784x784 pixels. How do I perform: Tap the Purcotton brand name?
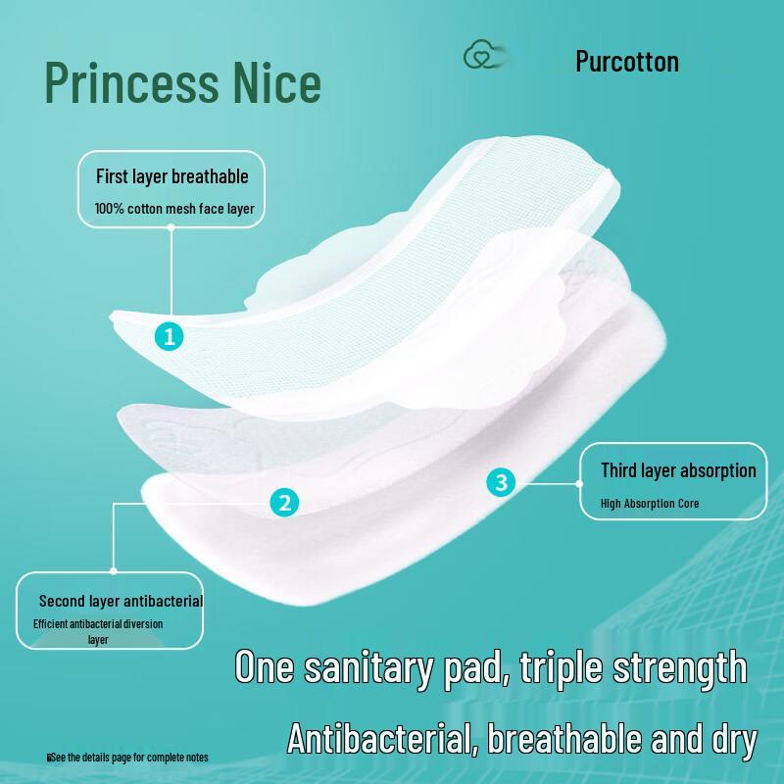click(627, 62)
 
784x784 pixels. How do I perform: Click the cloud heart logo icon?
click(479, 57)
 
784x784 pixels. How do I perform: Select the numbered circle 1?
click(170, 336)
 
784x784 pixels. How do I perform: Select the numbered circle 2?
click(284, 504)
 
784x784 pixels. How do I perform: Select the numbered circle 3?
click(502, 482)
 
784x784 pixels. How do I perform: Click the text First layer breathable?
click(171, 177)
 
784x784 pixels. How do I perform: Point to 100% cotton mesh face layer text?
click(173, 208)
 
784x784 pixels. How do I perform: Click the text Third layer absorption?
click(678, 470)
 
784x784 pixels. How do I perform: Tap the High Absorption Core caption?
click(650, 504)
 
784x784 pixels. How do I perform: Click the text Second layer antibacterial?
click(121, 601)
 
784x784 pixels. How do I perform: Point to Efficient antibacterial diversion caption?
click(98, 623)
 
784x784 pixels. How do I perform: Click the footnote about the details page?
click(128, 758)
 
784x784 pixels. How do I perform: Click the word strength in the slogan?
click(677, 667)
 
